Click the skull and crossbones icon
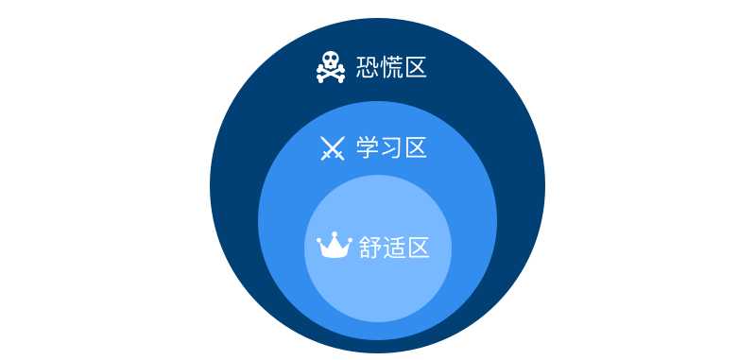click(x=331, y=67)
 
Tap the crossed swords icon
click(x=333, y=148)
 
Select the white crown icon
click(x=335, y=246)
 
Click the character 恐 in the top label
click(x=368, y=67)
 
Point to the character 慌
click(x=391, y=67)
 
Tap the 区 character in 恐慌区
click(x=415, y=67)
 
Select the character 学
click(x=368, y=147)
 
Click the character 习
click(x=391, y=147)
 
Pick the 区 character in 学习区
click(x=415, y=147)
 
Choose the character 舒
click(x=370, y=248)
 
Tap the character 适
click(x=394, y=248)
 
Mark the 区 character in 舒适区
click(x=418, y=248)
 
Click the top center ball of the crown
click(x=335, y=234)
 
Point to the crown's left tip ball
click(x=318, y=239)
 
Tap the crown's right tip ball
click(x=350, y=239)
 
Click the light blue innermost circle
click(x=378, y=289)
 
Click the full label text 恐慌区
click(x=391, y=67)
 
